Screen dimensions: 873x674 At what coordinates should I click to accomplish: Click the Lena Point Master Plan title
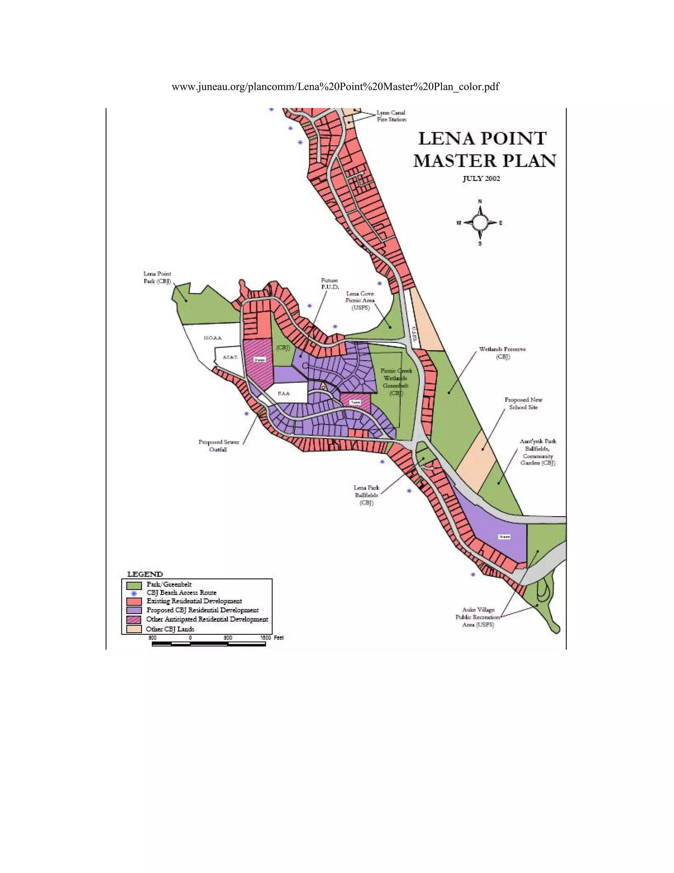[483, 150]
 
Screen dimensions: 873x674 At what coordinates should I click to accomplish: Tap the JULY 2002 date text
[481, 179]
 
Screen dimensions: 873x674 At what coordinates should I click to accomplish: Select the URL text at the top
[335, 87]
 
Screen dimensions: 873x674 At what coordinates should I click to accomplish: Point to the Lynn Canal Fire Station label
[391, 116]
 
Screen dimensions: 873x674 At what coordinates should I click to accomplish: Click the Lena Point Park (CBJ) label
[157, 277]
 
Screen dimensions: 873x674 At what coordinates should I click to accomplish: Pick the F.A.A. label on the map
[284, 394]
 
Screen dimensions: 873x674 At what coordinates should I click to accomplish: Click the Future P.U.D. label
[330, 284]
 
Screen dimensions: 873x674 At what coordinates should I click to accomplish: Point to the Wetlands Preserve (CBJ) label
[502, 353]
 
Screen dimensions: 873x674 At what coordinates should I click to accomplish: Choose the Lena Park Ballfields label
[367, 495]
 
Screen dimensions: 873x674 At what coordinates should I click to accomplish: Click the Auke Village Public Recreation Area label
[478, 617]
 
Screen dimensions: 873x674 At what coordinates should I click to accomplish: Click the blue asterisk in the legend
[134, 594]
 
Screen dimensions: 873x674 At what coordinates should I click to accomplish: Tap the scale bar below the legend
[208, 644]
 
